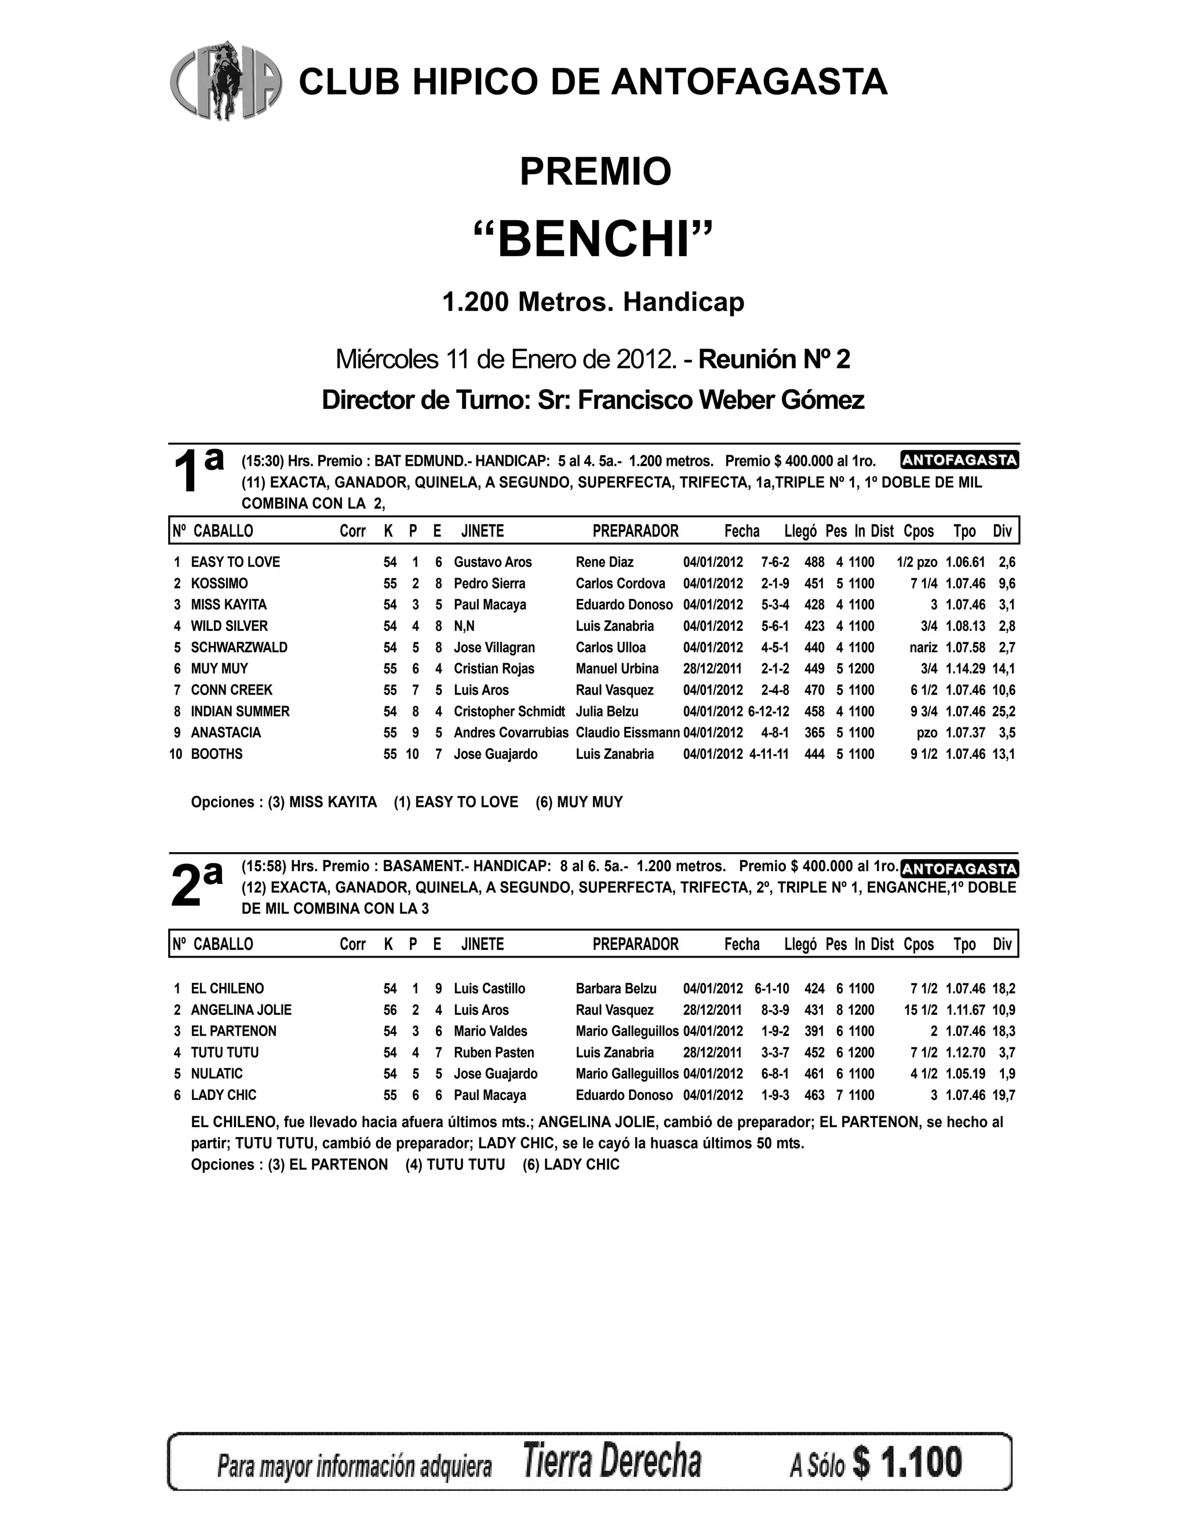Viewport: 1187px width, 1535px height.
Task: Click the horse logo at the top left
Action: [225, 81]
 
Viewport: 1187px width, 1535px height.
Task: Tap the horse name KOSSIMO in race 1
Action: [220, 583]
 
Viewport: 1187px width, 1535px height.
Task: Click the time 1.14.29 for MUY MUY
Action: [965, 668]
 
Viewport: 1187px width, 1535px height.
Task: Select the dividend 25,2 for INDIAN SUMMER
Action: [1003, 711]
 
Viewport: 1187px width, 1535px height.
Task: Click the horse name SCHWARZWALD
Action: [239, 648]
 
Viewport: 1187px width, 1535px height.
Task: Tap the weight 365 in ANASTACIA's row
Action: [814, 732]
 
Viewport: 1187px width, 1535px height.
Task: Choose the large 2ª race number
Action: [196, 885]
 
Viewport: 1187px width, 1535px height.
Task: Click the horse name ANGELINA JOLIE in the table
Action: [241, 1010]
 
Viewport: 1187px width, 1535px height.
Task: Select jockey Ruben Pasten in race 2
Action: [494, 1052]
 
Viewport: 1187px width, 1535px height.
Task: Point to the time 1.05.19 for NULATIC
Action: [965, 1073]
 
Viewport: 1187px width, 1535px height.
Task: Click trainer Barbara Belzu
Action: [616, 988]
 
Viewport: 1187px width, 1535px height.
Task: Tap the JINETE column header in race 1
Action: [482, 531]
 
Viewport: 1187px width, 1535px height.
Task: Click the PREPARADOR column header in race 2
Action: [635, 944]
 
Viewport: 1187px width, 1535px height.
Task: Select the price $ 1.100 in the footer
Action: [907, 1462]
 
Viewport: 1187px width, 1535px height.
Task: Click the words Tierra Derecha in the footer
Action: [612, 1462]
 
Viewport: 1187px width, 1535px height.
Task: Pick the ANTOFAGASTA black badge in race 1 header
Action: [959, 460]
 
